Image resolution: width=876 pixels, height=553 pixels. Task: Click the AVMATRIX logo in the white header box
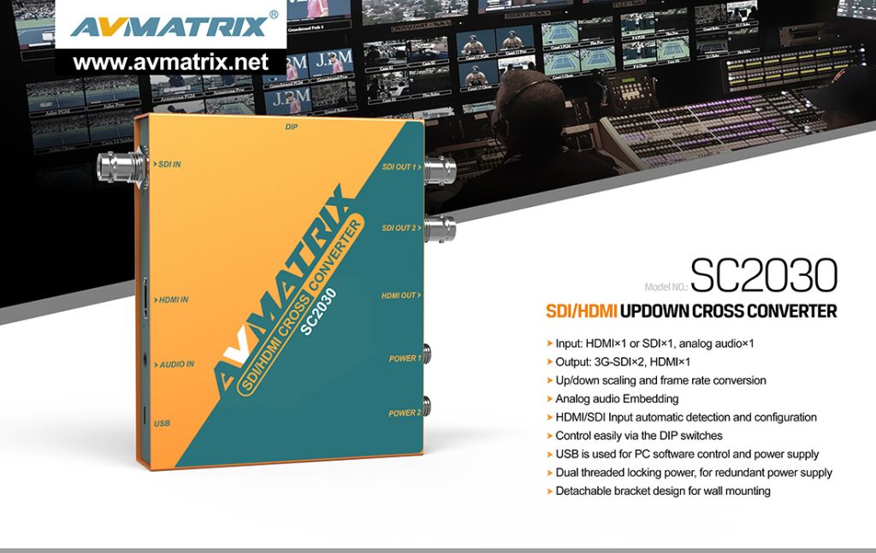click(169, 26)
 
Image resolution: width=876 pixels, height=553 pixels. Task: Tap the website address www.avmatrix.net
click(171, 62)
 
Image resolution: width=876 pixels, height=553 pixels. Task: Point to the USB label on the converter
click(162, 423)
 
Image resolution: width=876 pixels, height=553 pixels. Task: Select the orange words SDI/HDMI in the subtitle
click(581, 311)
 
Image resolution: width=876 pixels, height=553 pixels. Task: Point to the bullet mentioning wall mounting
click(662, 491)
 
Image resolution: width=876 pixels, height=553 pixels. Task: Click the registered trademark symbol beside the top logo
click(273, 15)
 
